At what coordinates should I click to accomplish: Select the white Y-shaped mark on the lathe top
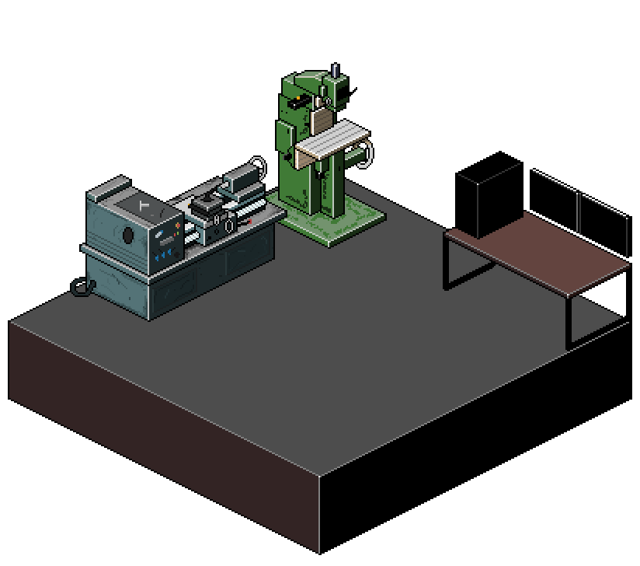(141, 205)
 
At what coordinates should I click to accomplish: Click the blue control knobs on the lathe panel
(165, 254)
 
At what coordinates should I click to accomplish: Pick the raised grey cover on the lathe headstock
(108, 189)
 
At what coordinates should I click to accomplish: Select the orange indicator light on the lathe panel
(178, 225)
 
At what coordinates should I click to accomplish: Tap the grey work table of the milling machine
(330, 140)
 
